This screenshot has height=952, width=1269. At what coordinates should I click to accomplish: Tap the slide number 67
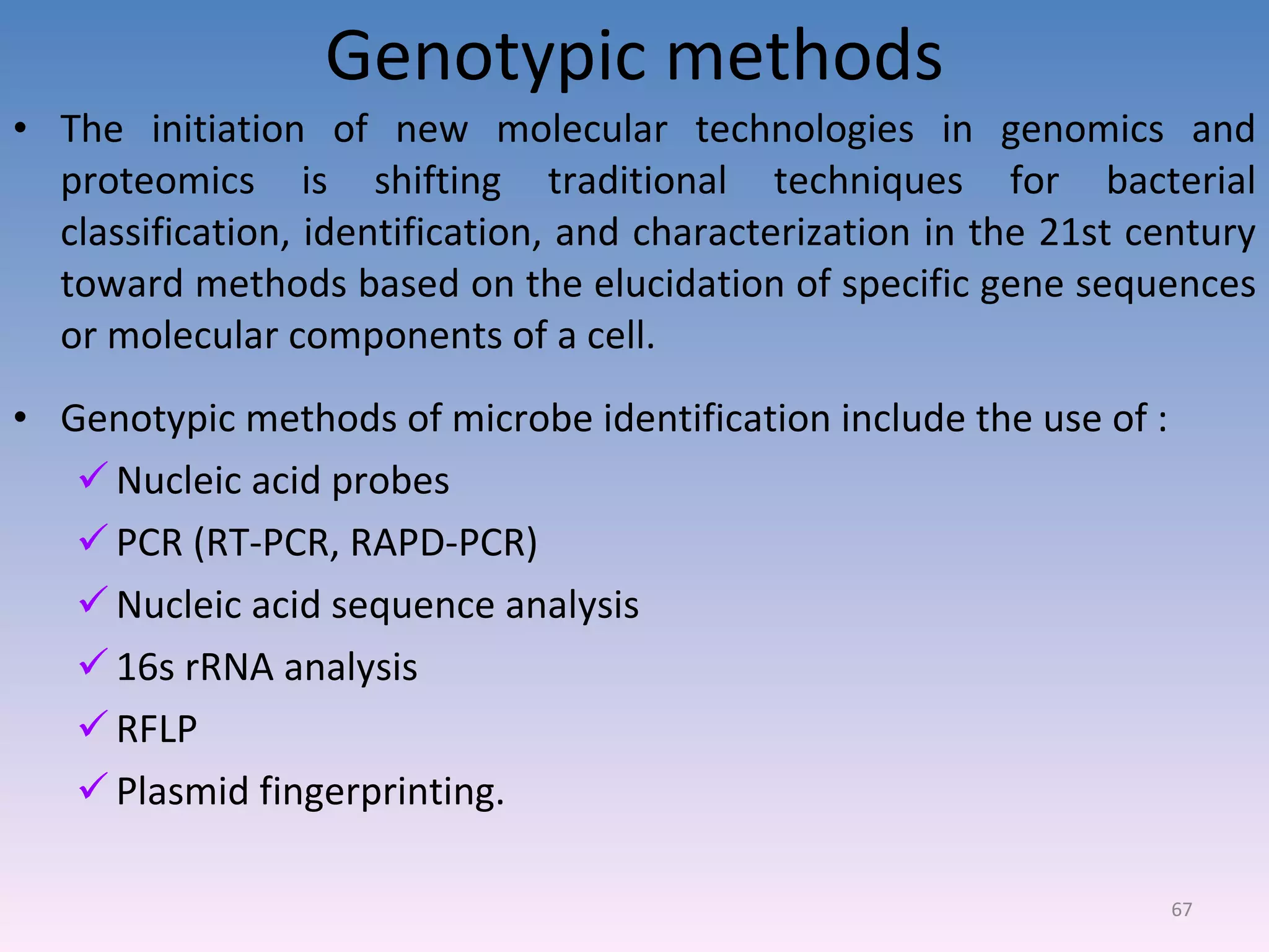[x=1181, y=909]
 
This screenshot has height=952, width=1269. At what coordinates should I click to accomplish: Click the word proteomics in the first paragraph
[x=157, y=182]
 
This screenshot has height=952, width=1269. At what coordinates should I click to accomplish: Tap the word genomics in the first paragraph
[x=1082, y=130]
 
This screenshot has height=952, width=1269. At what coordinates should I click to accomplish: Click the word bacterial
[x=1180, y=181]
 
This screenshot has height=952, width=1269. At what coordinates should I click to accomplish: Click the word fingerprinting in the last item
[x=382, y=792]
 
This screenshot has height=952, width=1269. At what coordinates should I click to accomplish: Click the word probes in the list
[x=390, y=482]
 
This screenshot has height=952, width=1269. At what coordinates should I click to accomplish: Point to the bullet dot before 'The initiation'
[x=21, y=129]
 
